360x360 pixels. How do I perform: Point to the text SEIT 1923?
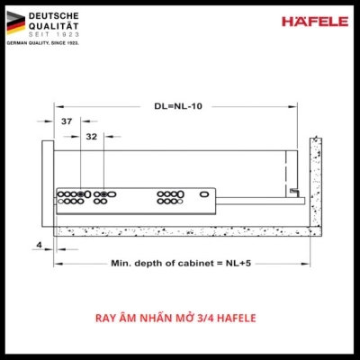(x=51, y=37)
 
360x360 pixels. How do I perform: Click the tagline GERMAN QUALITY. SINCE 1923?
(x=43, y=45)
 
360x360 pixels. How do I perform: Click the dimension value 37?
(x=67, y=121)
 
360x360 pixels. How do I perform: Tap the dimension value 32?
(x=92, y=138)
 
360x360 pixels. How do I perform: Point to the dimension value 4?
(x=40, y=243)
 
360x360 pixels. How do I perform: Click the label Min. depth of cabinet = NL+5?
(x=175, y=263)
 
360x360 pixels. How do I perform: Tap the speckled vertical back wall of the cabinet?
(x=316, y=180)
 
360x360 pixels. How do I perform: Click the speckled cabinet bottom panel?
(x=180, y=230)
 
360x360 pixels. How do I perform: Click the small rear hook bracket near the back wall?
(x=294, y=190)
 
